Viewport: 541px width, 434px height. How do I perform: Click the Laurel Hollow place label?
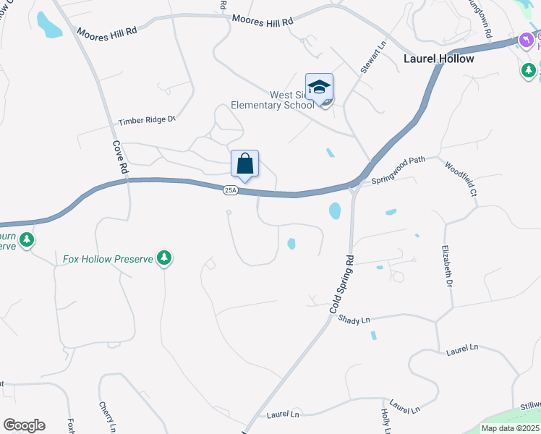pos(439,59)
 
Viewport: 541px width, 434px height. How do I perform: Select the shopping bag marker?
pos(244,165)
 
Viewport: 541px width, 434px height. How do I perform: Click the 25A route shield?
pos(230,190)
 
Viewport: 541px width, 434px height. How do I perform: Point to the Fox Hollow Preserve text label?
pos(108,258)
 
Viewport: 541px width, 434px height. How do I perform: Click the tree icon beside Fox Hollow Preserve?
pos(165,258)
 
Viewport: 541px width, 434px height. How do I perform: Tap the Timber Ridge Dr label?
pos(148,120)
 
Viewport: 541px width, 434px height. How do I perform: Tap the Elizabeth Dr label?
pos(446,265)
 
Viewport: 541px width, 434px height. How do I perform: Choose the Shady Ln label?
pos(354,319)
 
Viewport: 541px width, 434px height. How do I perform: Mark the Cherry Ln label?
pos(107,417)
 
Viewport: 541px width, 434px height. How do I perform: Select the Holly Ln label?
pos(385,420)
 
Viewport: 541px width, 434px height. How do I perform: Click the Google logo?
pos(24,425)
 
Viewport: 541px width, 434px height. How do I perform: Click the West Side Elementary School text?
pos(272,100)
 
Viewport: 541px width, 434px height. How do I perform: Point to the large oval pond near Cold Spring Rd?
pos(335,211)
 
